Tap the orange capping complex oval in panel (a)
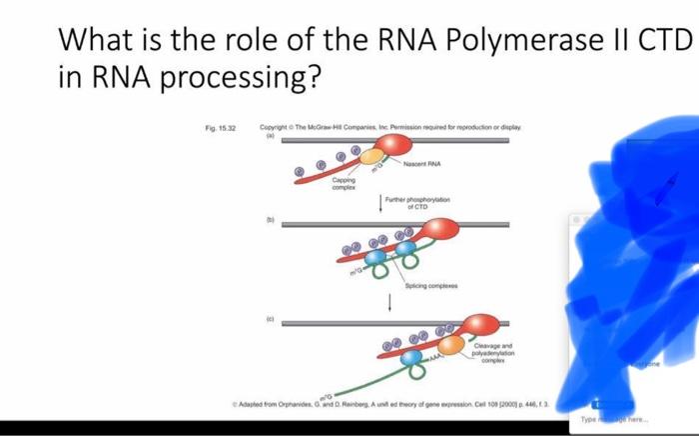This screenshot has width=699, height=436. [x=370, y=156]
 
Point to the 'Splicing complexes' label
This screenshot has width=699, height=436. [x=429, y=286]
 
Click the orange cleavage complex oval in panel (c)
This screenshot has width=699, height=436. [x=452, y=345]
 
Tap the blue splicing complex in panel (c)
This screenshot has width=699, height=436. [x=411, y=355]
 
